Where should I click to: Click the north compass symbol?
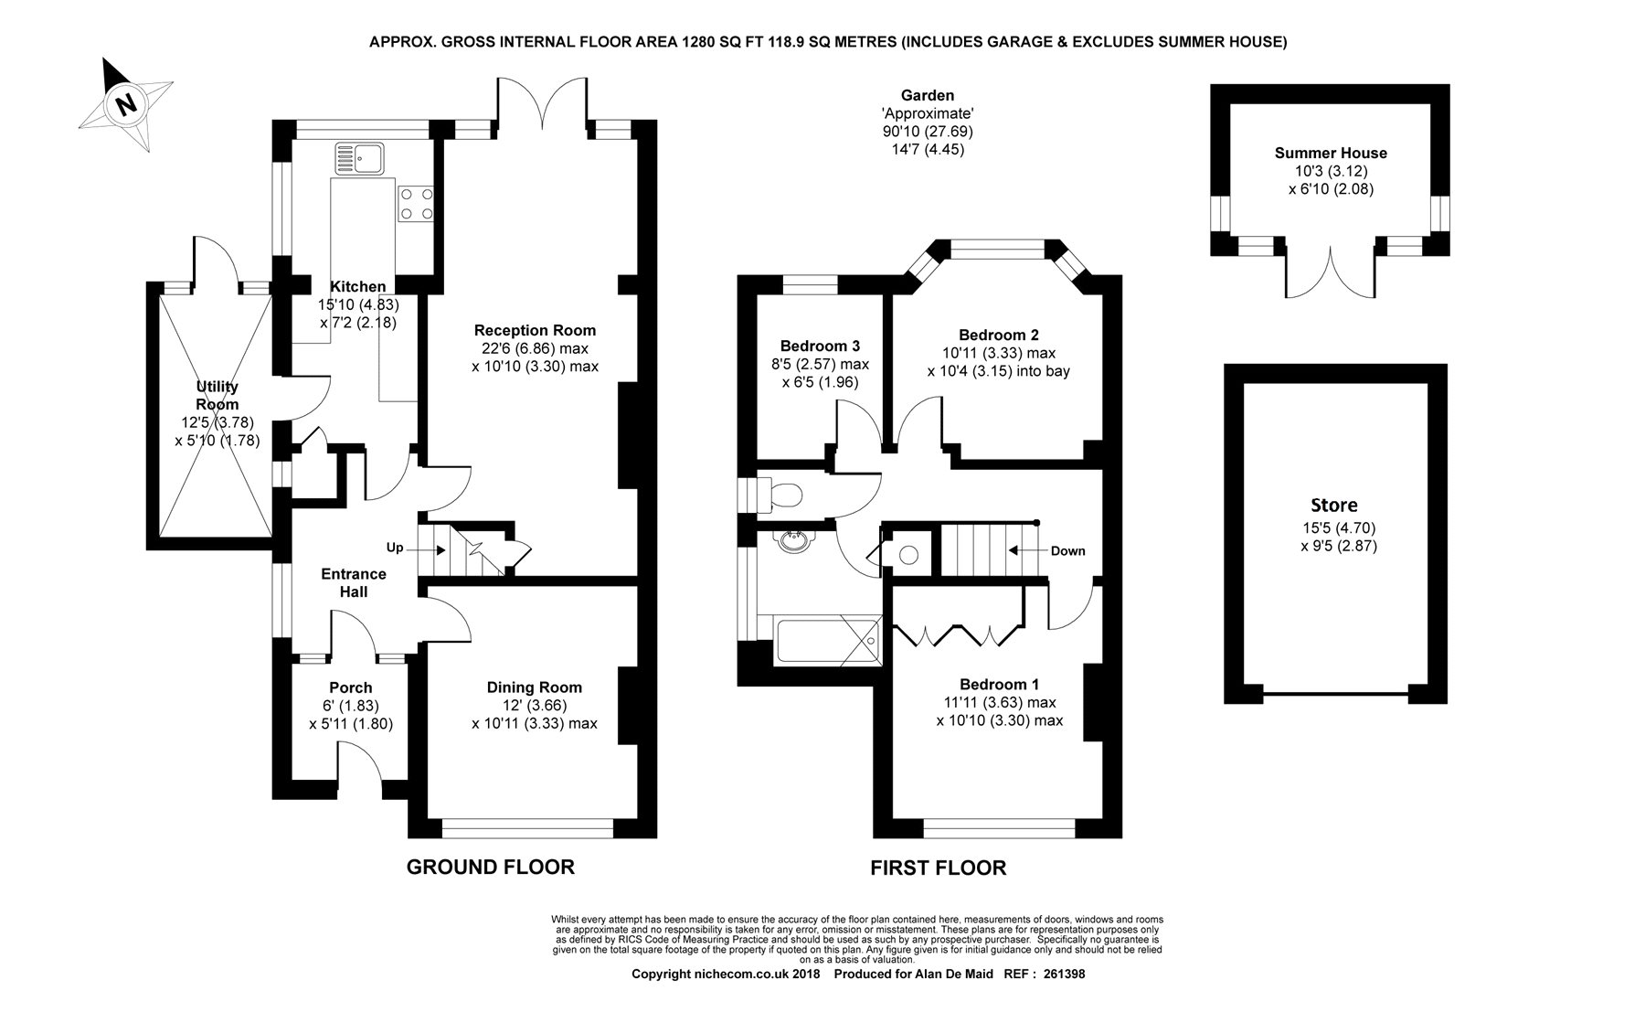coord(126,103)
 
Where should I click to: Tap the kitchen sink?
coord(360,158)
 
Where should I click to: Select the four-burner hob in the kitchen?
coord(415,204)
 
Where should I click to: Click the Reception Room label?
coord(535,330)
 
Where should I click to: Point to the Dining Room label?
coord(535,687)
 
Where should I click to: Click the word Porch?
coord(351,687)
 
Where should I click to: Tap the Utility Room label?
coord(218,396)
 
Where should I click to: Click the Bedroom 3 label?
coord(820,346)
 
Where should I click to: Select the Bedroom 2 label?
coord(999,335)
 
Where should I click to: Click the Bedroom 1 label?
coord(999,684)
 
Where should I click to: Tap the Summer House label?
coord(1331,153)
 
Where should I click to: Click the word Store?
coord(1334,505)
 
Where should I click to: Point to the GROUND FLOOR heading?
coord(491,867)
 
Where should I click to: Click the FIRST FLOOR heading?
coord(939,868)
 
